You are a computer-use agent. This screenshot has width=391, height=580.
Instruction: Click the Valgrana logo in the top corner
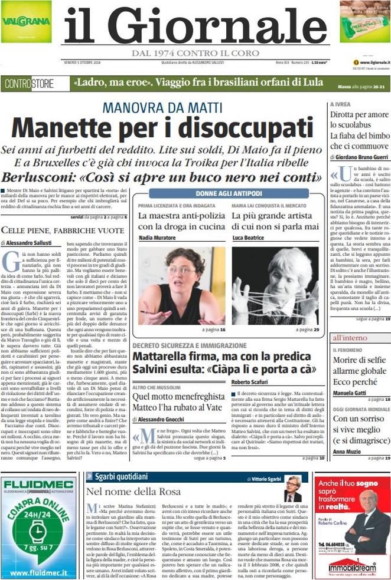pos(26,22)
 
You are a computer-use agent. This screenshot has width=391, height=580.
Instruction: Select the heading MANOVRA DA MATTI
pos(162,107)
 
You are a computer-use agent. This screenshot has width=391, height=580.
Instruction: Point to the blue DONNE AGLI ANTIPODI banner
pos(229,193)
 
